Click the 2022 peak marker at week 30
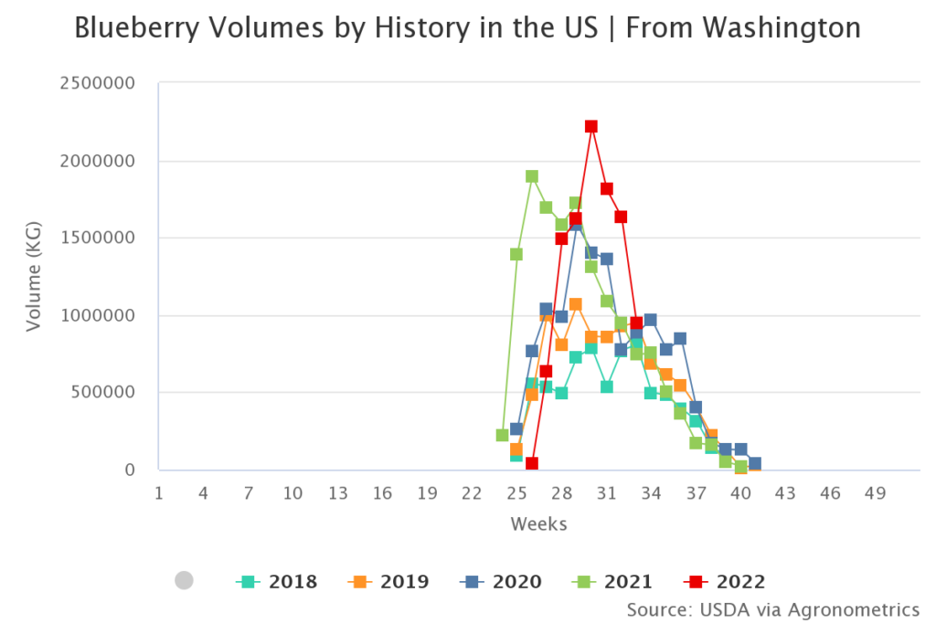(591, 127)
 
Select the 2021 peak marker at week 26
(532, 176)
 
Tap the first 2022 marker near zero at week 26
(532, 464)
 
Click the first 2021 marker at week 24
(502, 435)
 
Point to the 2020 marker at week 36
(680, 339)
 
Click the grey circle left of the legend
(184, 580)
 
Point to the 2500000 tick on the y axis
(97, 84)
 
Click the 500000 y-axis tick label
(102, 393)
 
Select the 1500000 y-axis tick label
(97, 238)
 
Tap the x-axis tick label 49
(875, 493)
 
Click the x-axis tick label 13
(337, 493)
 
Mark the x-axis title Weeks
(538, 524)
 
